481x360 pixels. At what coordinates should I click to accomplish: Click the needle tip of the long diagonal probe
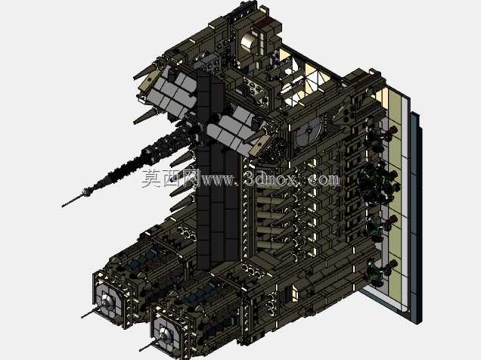click(63, 206)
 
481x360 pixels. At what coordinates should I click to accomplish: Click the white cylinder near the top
click(248, 44)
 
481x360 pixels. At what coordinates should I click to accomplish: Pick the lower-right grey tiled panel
click(233, 129)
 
